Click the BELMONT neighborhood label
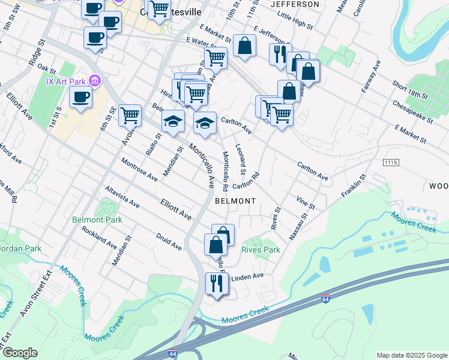click(x=235, y=201)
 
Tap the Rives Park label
click(x=261, y=250)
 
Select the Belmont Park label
click(x=97, y=220)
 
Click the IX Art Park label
click(x=66, y=80)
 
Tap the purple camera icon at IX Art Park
click(x=94, y=80)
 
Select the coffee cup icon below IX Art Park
click(x=80, y=97)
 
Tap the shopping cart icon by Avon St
click(x=130, y=115)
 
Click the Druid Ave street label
click(x=169, y=242)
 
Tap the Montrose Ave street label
click(x=138, y=170)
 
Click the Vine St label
click(x=306, y=202)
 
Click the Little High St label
click(x=295, y=22)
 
